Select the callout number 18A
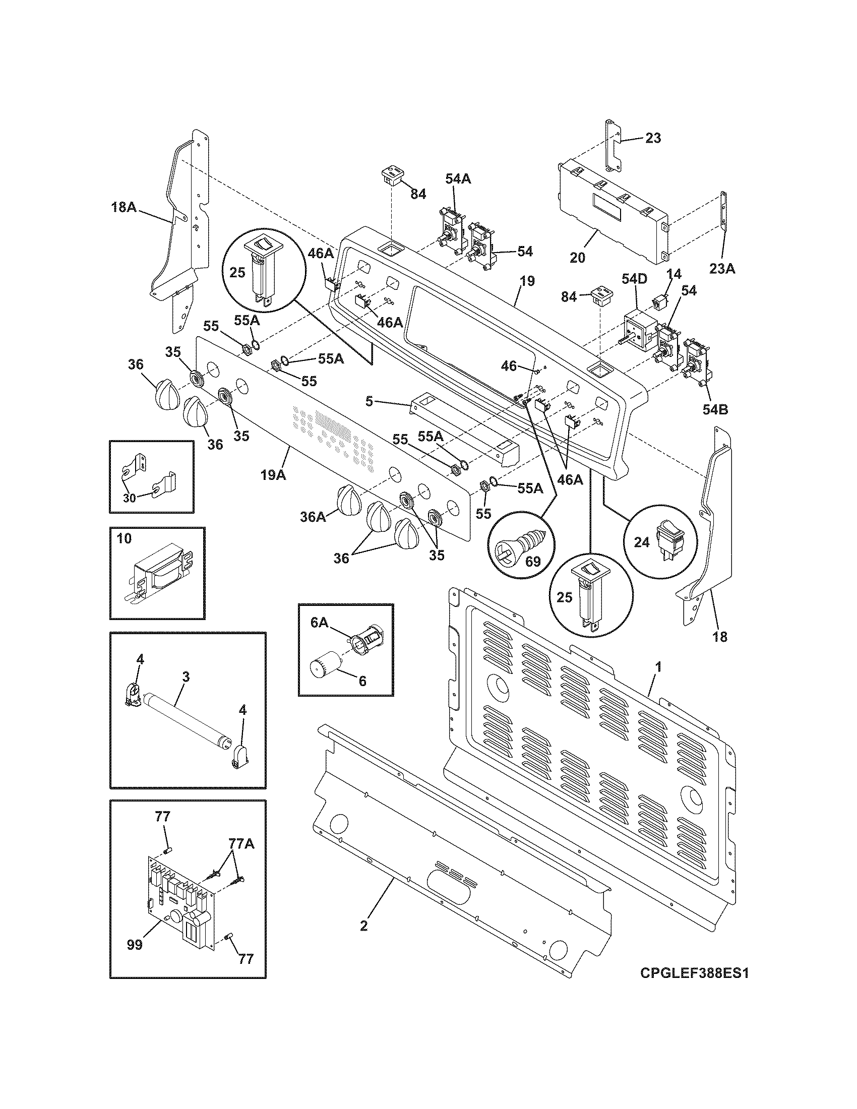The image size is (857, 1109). pos(124,207)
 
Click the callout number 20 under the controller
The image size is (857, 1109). pos(577,258)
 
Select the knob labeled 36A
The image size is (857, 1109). pos(347,499)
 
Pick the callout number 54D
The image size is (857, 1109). pos(635,279)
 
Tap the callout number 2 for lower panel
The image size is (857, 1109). pos(363,925)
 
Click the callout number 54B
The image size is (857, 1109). pos(715,409)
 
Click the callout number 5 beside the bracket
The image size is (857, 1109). pos(370,402)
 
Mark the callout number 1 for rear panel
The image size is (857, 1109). pos(658,668)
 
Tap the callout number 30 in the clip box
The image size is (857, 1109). pos(130,498)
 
